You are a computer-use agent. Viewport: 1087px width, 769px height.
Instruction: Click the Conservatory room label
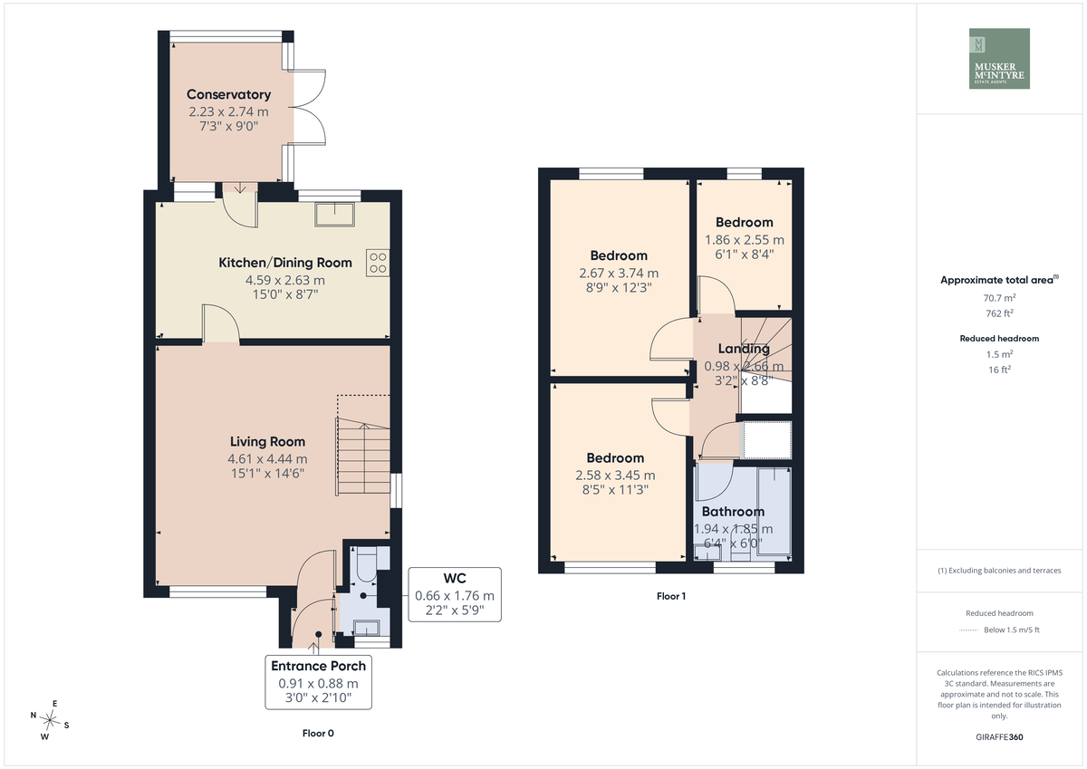point(228,94)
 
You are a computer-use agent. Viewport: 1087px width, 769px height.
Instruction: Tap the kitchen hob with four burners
point(378,263)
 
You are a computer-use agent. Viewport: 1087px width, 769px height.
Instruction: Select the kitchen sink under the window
point(334,214)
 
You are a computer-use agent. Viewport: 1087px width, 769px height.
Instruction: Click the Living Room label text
point(267,441)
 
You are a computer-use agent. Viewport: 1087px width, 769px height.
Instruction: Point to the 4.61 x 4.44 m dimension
point(267,458)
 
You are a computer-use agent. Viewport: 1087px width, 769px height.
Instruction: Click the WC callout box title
point(455,578)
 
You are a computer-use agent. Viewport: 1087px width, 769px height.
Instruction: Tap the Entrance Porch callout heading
point(318,666)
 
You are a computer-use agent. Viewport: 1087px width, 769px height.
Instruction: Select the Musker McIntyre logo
point(999,58)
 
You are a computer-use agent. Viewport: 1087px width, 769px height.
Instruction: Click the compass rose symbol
point(50,720)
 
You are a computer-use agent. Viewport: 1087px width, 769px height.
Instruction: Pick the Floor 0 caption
point(318,733)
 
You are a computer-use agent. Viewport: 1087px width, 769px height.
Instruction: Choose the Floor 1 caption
point(671,596)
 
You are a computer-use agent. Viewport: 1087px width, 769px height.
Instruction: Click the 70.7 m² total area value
point(999,298)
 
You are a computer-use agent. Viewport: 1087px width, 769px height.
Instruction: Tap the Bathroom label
point(733,512)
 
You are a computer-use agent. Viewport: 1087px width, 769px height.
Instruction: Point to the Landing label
point(744,349)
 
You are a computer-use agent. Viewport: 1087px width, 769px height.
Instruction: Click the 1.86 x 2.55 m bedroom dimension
point(745,240)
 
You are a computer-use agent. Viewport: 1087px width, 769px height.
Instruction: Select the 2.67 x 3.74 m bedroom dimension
point(619,274)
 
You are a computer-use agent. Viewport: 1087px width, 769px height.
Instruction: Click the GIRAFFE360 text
point(999,737)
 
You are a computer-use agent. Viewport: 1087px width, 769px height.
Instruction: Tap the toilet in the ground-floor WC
point(366,564)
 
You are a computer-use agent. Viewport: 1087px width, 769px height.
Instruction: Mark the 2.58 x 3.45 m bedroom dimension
point(615,476)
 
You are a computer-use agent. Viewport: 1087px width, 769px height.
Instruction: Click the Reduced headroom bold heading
point(999,339)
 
